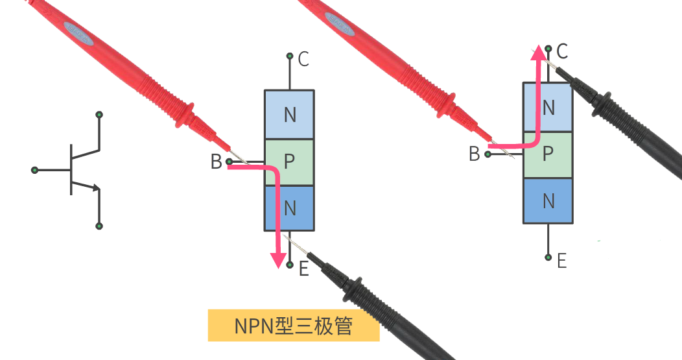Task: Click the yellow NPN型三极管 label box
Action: click(293, 326)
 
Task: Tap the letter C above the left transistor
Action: click(303, 60)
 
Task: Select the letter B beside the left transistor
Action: click(216, 162)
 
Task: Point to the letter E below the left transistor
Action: click(303, 269)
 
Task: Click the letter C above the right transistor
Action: click(562, 51)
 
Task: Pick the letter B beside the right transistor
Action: click(475, 154)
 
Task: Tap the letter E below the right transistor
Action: click(561, 261)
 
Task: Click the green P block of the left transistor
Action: click(289, 162)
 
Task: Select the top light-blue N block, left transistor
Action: click(289, 115)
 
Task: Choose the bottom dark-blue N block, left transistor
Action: click(289, 208)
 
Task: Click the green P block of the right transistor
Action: click(548, 154)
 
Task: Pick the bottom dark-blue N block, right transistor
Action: click(548, 200)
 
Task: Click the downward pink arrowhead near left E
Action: click(279, 259)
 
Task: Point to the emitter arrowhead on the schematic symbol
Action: click(96, 189)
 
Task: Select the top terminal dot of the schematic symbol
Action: click(99, 115)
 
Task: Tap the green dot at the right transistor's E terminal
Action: click(548, 257)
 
